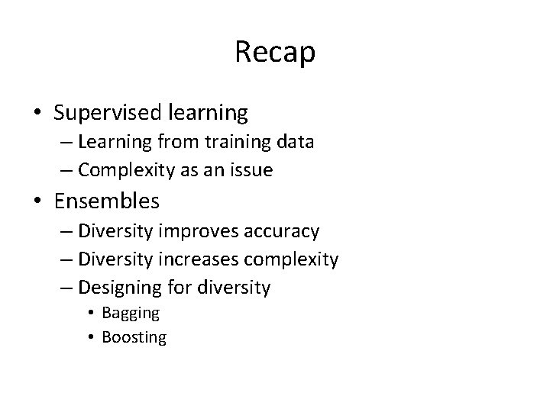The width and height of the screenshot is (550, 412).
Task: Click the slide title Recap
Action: click(275, 53)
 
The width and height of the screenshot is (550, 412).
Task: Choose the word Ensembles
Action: click(107, 201)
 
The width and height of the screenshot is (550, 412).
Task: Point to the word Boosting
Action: click(134, 336)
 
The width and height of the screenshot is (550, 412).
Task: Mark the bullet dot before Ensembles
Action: click(37, 202)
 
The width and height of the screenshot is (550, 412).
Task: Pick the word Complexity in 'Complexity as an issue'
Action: click(126, 170)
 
